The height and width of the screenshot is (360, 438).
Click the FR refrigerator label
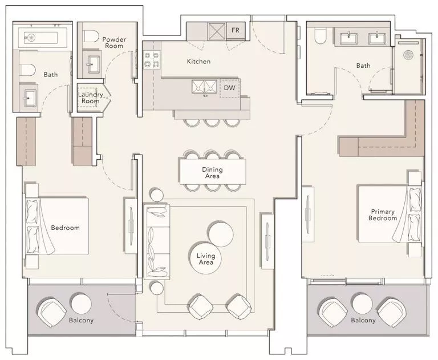(x=235, y=30)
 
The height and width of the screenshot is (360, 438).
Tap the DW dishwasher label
(x=229, y=88)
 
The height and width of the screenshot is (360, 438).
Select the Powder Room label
(x=114, y=42)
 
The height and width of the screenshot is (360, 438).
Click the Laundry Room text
(x=89, y=98)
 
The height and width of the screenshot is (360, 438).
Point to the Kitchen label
(x=198, y=61)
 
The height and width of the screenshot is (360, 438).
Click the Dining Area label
(x=212, y=173)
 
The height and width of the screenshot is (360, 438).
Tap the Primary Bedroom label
(x=382, y=215)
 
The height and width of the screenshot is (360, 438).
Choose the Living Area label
(x=205, y=259)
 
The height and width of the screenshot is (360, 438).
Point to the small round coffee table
(x=220, y=233)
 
